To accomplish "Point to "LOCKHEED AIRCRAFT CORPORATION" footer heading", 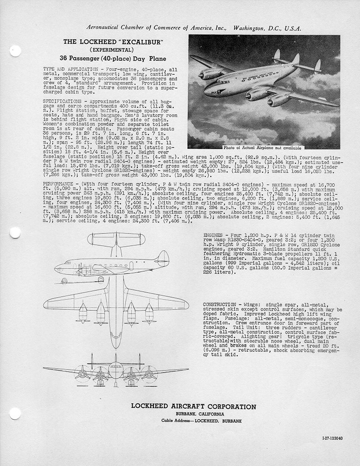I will coord(193,406).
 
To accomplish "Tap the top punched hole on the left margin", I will coord(15,51).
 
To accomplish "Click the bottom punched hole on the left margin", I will coord(15,413).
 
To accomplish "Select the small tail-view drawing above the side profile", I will coord(116,240).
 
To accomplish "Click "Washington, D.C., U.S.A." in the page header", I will coord(267,28).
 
